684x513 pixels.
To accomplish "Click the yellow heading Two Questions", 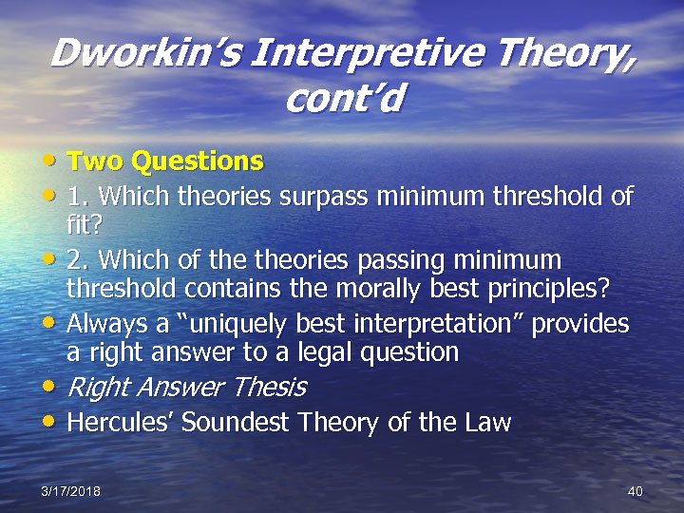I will click(x=164, y=161).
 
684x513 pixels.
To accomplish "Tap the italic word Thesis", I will click(x=270, y=387).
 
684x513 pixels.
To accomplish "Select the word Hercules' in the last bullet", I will click(x=121, y=422).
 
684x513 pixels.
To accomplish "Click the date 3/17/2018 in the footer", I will click(x=70, y=490).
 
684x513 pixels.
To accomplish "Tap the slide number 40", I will click(x=636, y=490).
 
